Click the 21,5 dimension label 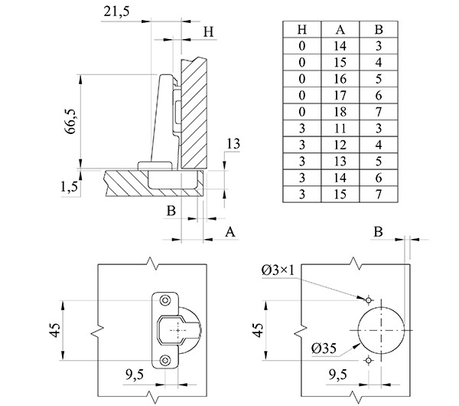111,12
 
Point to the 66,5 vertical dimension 70,120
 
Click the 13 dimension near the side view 233,144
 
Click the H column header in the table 302,29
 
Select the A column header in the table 340,29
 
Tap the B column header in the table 378,29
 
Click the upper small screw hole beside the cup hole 367,299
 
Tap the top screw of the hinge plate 166,298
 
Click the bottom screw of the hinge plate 166,359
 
